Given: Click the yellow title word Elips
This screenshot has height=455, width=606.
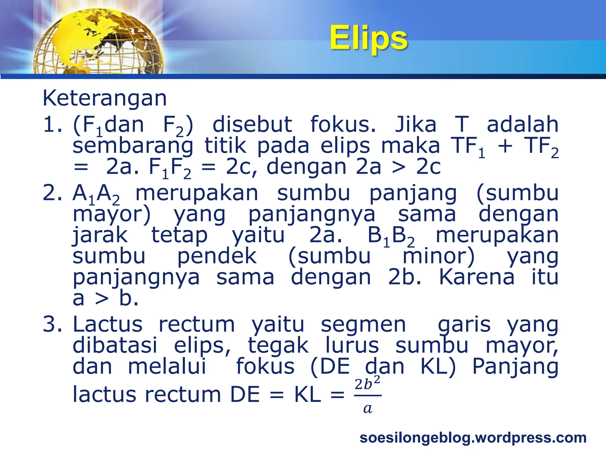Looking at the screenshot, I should click(368, 38).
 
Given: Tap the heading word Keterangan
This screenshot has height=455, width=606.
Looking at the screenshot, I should click(105, 98).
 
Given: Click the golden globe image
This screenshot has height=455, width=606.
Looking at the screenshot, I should click(98, 41).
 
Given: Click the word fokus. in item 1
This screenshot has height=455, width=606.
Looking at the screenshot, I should click(343, 124).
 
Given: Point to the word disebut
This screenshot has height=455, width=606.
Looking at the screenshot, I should click(252, 124).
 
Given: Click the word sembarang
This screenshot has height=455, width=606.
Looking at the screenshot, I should click(133, 146).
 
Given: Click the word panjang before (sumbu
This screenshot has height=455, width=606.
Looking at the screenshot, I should click(413, 193).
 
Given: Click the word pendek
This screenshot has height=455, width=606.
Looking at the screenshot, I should click(217, 256).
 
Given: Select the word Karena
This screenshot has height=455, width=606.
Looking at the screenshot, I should click(476, 277).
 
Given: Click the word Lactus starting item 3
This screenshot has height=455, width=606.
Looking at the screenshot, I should click(107, 324).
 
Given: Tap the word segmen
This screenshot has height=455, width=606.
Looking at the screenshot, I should click(363, 324).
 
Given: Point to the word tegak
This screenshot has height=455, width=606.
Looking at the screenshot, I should click(278, 345).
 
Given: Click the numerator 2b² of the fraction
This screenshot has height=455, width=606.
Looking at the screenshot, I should click(367, 384).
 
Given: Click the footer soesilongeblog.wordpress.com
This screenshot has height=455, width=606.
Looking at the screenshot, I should click(473, 438).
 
